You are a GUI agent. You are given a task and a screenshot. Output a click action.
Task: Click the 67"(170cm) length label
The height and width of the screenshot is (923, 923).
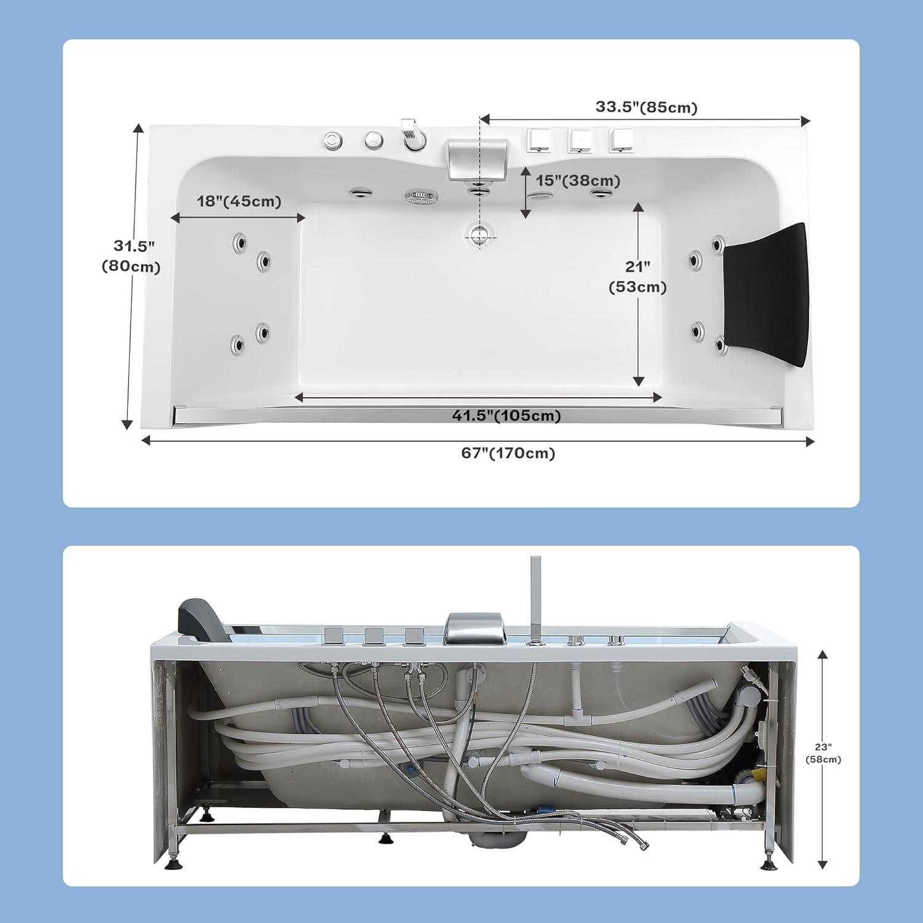tap(508, 454)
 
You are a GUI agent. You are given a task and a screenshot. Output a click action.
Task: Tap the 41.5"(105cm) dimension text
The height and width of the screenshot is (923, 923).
tap(506, 416)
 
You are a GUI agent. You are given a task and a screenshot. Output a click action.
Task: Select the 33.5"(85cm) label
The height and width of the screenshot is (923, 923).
tap(646, 107)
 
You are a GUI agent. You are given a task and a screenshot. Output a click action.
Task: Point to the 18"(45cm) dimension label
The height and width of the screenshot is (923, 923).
tap(239, 201)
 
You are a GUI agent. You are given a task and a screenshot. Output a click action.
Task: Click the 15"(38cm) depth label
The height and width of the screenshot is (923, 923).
tap(578, 181)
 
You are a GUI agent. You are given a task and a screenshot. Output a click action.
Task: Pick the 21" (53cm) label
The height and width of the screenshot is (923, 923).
tap(637, 276)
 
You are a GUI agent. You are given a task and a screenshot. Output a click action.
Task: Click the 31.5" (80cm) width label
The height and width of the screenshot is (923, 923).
tap(131, 256)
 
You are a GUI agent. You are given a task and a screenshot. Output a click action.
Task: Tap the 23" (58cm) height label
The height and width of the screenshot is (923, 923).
tap(823, 753)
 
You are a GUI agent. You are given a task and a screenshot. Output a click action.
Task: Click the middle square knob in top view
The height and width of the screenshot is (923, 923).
tap(580, 141)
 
